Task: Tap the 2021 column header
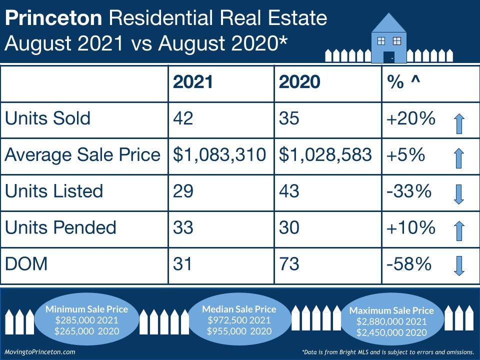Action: pos(193,82)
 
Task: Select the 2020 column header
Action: pos(299,82)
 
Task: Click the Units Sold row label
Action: pos(47,118)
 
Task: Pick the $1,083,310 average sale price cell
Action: pos(219,155)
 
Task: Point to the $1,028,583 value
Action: pos(325,155)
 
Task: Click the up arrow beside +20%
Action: pos(459,123)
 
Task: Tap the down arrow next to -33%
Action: pos(459,193)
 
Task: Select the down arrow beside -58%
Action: pos(459,265)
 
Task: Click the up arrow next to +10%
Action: pos(459,231)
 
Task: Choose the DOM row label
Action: pos(26,263)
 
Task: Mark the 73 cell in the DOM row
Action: pos(288,263)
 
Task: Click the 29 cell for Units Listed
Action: pos(183,191)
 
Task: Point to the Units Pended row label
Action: pos(60,227)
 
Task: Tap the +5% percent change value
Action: pos(405,155)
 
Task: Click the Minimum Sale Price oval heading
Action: pos(86,309)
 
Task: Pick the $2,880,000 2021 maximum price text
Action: pos(391,321)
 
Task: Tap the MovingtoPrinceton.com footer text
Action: pos(39,351)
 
